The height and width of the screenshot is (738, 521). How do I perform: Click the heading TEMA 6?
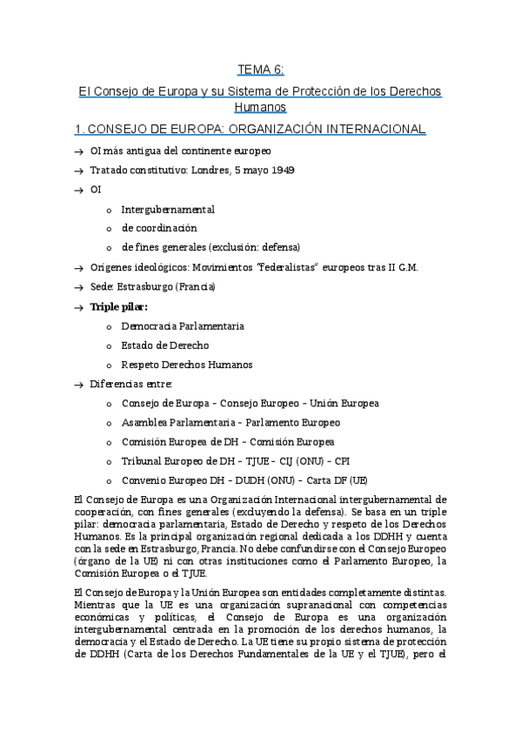260,70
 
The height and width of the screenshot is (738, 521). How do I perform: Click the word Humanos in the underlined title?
260,107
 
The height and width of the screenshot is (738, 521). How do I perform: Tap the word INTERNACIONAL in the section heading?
375,129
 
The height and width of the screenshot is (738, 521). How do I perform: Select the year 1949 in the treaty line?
280,170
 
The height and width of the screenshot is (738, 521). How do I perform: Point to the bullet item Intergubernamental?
168,209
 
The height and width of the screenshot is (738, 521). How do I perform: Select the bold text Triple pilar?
119,306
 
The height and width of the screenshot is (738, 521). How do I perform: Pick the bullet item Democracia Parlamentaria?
183,325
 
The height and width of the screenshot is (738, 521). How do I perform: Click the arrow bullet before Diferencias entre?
79,384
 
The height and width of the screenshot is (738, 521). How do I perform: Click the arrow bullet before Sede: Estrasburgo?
79,286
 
